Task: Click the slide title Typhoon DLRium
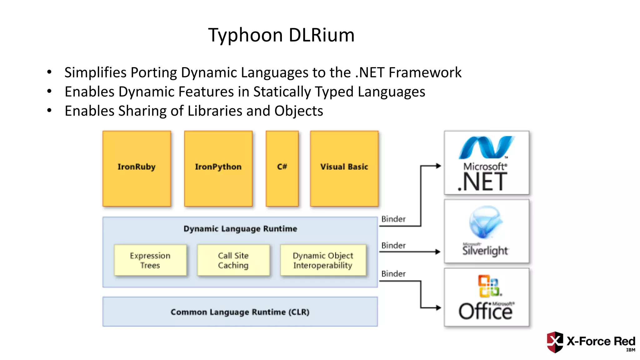coord(281,35)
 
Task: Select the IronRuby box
coord(137,168)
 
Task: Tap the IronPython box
coord(218,168)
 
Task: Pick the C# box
coord(282,168)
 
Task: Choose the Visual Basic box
coord(344,168)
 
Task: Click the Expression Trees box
coord(150,260)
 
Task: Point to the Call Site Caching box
coord(233,260)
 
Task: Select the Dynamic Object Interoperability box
coord(323,260)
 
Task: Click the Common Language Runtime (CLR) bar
coord(240,312)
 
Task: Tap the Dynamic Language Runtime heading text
coord(240,228)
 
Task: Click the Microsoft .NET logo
coord(486,163)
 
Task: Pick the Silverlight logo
coord(486,231)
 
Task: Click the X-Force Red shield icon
coord(555,342)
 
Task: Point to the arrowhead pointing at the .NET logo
coord(438,166)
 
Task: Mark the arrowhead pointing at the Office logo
coord(438,308)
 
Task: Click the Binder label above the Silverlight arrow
coord(393,246)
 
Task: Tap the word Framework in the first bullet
coord(425,72)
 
